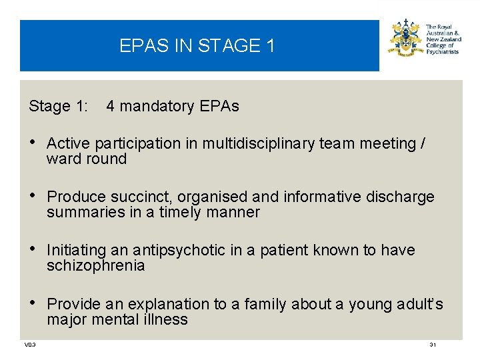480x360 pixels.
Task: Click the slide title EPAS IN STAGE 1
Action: point(197,46)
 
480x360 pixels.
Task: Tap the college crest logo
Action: point(405,38)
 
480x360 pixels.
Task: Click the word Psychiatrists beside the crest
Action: point(442,52)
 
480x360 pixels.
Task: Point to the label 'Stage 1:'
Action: point(59,107)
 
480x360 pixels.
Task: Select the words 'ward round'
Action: point(87,159)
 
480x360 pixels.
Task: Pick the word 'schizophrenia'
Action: point(95,266)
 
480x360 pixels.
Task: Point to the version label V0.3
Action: point(30,345)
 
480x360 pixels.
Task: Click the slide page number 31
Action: point(433,345)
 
